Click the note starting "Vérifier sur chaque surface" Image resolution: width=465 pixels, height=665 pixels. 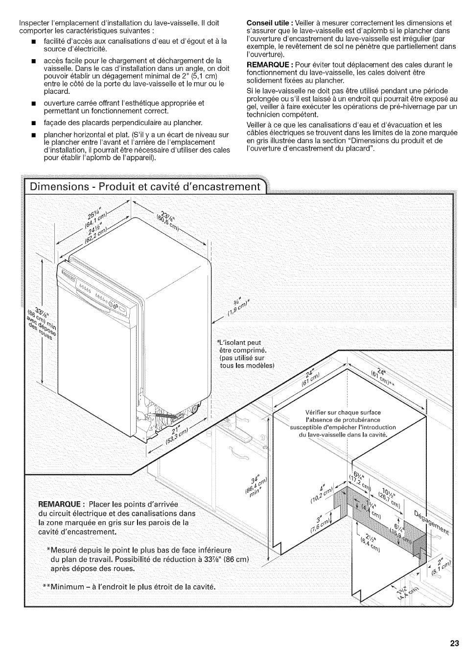coord(343,423)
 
